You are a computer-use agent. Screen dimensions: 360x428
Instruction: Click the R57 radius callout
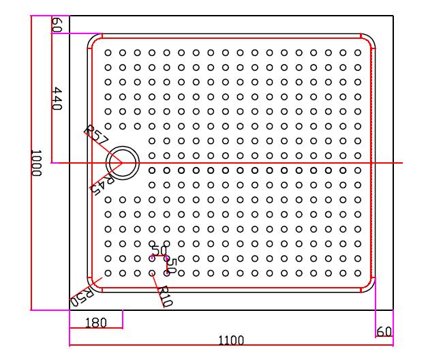click(96, 134)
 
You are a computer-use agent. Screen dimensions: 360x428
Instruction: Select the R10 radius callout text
click(164, 295)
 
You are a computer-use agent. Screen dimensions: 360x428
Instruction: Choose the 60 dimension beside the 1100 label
click(384, 331)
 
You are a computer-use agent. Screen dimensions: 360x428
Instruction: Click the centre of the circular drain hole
click(123, 163)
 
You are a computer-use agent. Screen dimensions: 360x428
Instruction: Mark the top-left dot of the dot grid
click(108, 52)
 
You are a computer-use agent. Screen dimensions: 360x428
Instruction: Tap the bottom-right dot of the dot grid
click(358, 273)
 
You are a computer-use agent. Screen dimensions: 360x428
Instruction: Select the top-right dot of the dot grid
click(358, 52)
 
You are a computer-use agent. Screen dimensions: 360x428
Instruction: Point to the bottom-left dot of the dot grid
click(108, 273)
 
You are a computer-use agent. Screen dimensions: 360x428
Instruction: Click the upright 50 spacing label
click(157, 251)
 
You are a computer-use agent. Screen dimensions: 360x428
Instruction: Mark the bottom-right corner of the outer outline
click(393, 310)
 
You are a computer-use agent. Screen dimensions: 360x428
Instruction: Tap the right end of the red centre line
click(402, 164)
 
